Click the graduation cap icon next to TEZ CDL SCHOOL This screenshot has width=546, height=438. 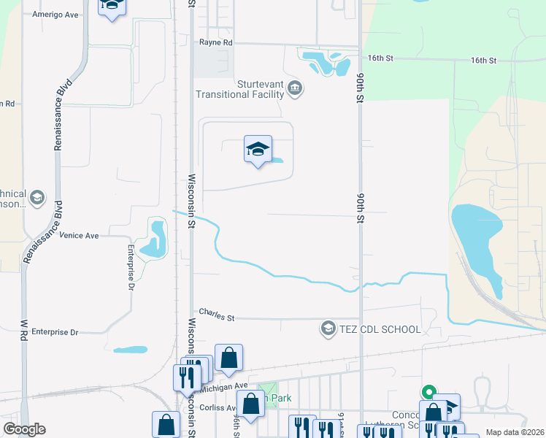(x=328, y=329)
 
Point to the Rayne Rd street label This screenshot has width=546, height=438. (x=215, y=43)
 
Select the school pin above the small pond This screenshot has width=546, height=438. (x=257, y=150)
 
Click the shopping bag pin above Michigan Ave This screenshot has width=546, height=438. (x=228, y=358)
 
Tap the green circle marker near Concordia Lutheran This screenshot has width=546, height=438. (x=429, y=391)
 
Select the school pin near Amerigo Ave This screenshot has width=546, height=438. (x=111, y=7)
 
